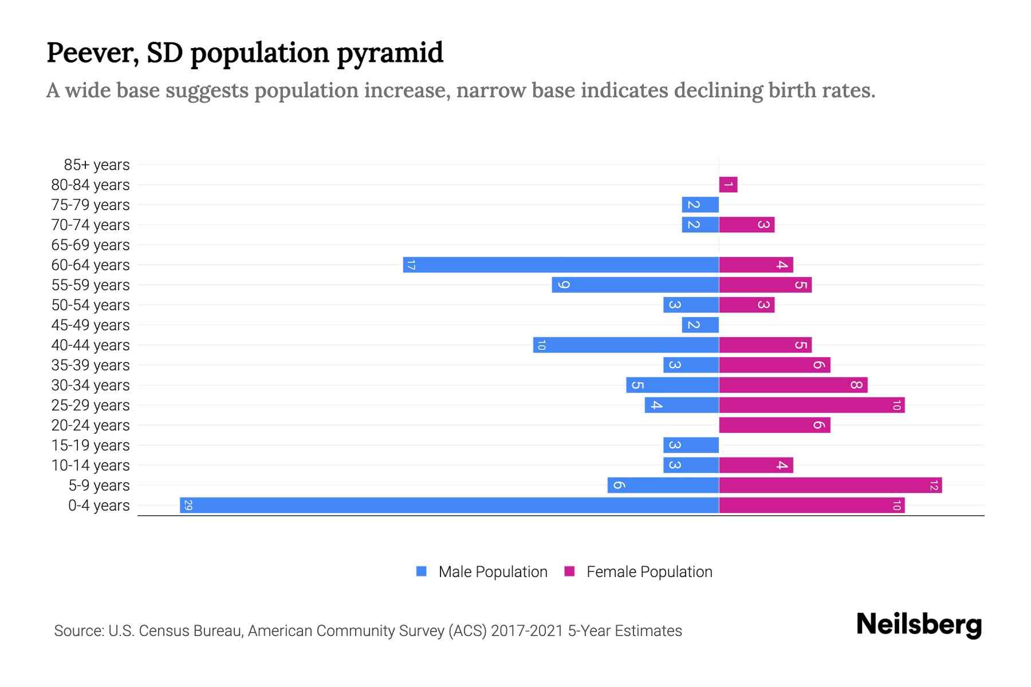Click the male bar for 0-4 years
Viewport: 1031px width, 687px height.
click(x=450, y=505)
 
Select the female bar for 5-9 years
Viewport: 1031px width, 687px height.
click(x=831, y=485)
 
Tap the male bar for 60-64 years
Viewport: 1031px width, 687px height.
click(x=561, y=264)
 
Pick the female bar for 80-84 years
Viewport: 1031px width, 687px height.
click(x=728, y=184)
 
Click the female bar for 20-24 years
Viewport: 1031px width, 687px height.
click(x=774, y=425)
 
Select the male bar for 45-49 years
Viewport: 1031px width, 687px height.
click(x=700, y=325)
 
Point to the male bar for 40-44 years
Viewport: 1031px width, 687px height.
click(x=626, y=345)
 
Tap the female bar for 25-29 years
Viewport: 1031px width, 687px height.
click(x=812, y=405)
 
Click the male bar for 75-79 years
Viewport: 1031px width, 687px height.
click(x=700, y=204)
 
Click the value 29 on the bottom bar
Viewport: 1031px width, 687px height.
click(x=188, y=505)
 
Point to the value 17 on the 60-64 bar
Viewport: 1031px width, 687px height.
click(x=411, y=264)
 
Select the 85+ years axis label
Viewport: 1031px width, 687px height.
click(x=96, y=165)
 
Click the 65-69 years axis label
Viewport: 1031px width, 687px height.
click(x=90, y=245)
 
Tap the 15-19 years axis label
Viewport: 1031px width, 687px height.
click(x=90, y=445)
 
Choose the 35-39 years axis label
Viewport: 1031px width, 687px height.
click(x=90, y=365)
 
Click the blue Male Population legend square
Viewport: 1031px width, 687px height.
click(x=422, y=571)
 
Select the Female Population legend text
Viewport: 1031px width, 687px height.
click(x=649, y=571)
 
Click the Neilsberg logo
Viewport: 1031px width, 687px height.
click(x=919, y=624)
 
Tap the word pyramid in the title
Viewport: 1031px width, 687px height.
click(x=389, y=53)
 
